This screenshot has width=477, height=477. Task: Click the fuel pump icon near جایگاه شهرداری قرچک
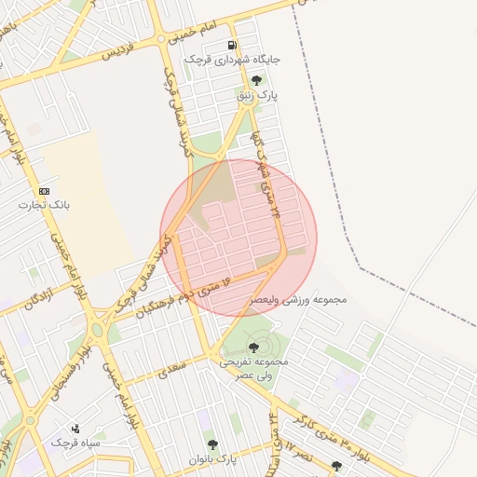coord(232,45)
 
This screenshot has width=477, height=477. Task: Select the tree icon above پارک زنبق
coord(256,80)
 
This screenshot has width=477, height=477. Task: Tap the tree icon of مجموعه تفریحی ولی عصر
coord(253,348)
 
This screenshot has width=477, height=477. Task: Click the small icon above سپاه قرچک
coord(75,428)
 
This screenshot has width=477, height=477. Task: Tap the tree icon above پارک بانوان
coord(212,444)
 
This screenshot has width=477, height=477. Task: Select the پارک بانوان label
coord(213,459)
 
